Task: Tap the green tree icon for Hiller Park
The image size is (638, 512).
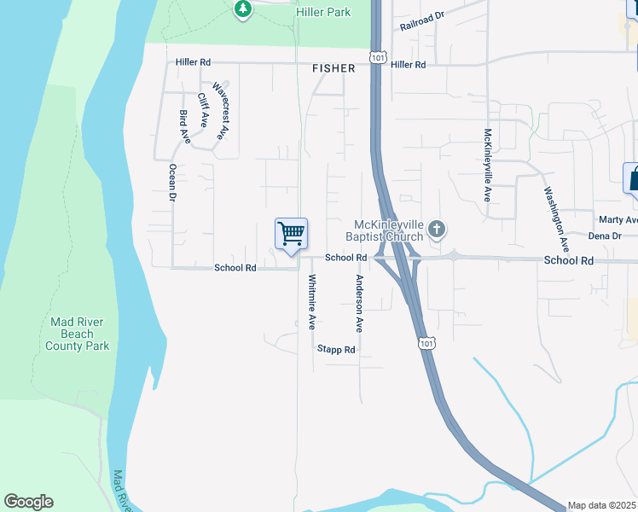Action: (x=244, y=9)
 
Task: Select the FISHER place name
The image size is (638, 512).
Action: (x=333, y=68)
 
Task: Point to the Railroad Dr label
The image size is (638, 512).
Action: (x=423, y=21)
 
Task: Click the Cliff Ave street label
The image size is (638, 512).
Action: (x=203, y=110)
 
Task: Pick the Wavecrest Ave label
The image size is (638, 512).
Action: (x=220, y=110)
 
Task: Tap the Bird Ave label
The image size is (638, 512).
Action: (x=184, y=125)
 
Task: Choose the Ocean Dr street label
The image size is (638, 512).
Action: (x=172, y=182)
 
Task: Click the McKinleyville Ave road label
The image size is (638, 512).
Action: (x=487, y=165)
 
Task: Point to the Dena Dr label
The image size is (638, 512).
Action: (x=604, y=236)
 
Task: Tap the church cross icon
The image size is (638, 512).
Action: (x=437, y=229)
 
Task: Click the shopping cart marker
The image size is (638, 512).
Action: (x=291, y=233)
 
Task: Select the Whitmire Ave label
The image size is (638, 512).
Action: (x=312, y=302)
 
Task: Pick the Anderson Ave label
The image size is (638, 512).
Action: (x=359, y=304)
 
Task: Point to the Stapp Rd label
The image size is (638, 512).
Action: (x=335, y=349)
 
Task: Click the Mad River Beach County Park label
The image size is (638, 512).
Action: (x=78, y=334)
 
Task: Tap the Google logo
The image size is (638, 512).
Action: (x=28, y=502)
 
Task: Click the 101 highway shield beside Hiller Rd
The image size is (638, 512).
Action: (x=377, y=56)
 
